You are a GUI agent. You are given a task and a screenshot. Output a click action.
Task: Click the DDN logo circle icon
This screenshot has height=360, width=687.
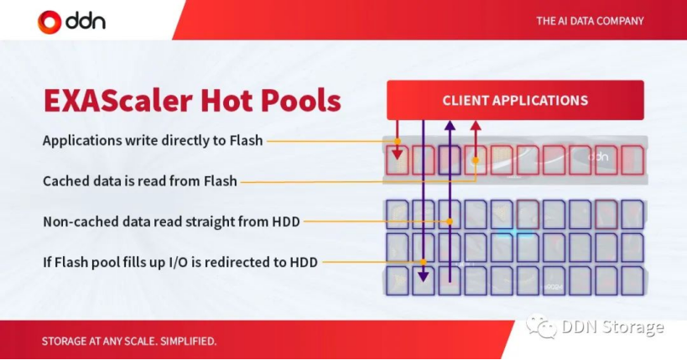tap(49, 22)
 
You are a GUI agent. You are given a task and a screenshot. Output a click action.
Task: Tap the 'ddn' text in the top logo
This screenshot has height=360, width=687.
tap(86, 22)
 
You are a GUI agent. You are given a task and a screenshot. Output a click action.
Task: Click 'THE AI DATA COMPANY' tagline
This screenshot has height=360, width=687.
tap(590, 21)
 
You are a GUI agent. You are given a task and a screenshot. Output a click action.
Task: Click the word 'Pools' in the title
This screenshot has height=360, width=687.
tap(301, 101)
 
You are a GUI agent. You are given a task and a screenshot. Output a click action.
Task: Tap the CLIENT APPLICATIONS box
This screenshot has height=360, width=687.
tap(515, 100)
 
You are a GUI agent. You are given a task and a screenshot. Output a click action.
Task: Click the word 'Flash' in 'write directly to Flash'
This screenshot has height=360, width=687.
tap(247, 140)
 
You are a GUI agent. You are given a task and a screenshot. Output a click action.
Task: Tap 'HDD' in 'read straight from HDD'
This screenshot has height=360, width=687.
tap(286, 222)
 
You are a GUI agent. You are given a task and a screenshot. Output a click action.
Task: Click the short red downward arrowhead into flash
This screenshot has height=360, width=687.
tap(398, 154)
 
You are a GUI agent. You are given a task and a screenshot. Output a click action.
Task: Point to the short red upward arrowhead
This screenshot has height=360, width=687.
tap(476, 127)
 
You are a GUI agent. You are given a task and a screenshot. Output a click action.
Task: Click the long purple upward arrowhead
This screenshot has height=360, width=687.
tap(450, 127)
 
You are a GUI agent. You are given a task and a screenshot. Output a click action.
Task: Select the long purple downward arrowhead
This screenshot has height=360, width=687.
tap(424, 276)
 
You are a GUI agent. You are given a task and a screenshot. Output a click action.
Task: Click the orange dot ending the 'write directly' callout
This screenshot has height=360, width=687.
tap(398, 141)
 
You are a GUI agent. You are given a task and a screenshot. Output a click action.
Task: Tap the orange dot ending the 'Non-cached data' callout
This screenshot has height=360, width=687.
tap(450, 222)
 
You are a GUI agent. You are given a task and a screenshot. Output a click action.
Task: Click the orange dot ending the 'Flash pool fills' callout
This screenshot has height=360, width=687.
tap(424, 262)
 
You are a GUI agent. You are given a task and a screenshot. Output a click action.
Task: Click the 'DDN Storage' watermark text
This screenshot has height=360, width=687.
tap(612, 327)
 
